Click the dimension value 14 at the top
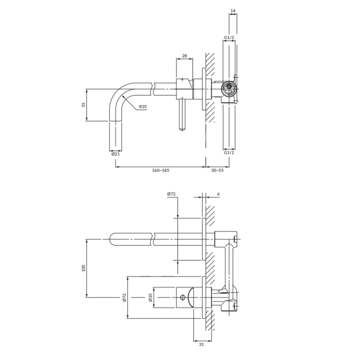tap(233, 10)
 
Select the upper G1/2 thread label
tap(229, 37)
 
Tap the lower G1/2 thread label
tap(229, 152)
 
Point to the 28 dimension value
tap(184, 55)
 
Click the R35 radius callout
tap(143, 106)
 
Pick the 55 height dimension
tap(83, 104)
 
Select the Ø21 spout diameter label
tap(115, 154)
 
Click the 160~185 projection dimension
tap(160, 170)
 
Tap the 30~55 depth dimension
tap(217, 170)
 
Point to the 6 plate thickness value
tap(218, 194)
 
